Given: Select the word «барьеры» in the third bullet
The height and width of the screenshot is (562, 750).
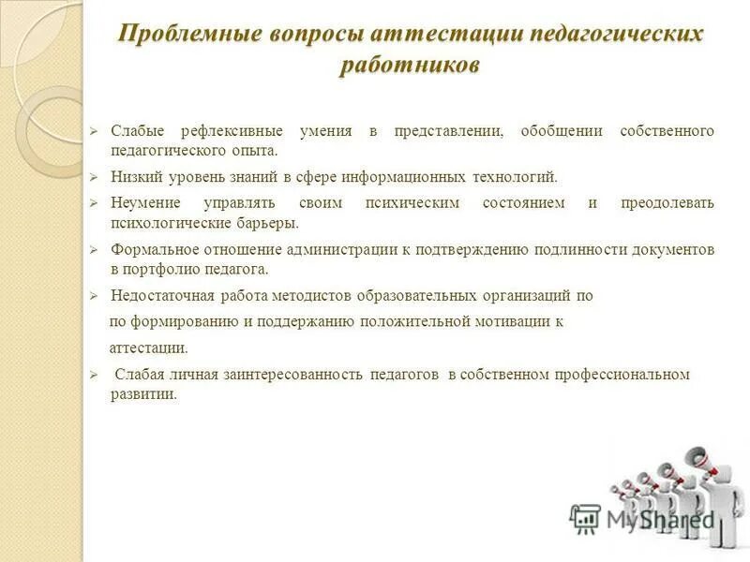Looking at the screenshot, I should pyautogui.click(x=267, y=223).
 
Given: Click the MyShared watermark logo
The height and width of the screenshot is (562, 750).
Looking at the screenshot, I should pyautogui.click(x=641, y=518).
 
